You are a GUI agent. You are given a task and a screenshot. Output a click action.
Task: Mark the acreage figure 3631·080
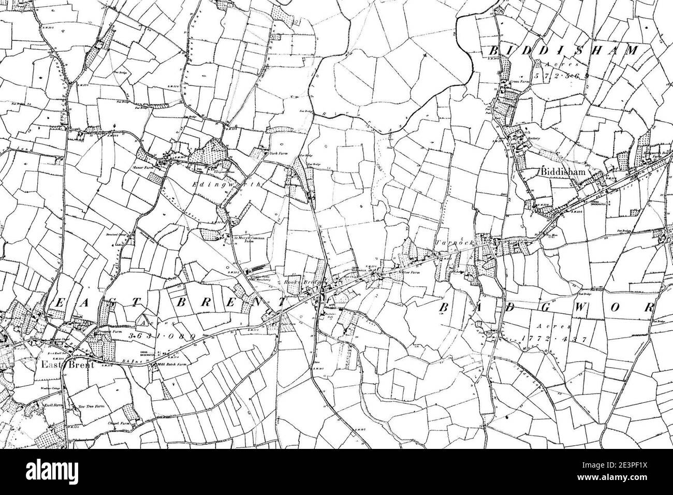click(x=162, y=337)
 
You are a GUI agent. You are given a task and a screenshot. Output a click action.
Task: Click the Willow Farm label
click(x=406, y=271)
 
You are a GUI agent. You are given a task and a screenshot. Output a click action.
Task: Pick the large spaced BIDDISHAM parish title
click(x=564, y=50)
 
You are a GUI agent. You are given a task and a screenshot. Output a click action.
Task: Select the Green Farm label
click(x=521, y=81)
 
